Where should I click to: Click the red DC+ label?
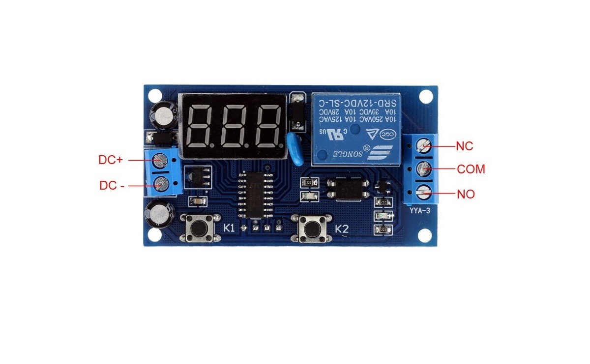111,160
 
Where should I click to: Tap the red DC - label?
112,185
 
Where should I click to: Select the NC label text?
465,146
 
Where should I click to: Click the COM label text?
471,169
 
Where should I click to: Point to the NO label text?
466,194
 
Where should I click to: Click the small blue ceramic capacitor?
295,148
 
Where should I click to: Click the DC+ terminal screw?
159,160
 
